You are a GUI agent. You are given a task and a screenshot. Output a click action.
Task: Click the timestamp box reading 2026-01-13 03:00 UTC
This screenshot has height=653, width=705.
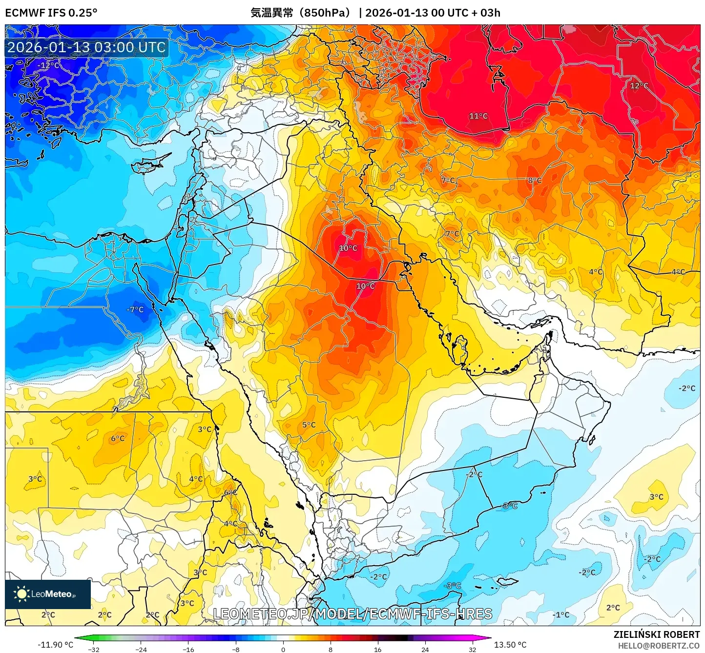[86, 47]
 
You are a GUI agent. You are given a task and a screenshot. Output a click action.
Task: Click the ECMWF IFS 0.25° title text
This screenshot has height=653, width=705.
[51, 13]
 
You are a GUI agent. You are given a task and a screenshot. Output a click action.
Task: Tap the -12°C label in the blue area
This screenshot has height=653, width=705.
[48, 65]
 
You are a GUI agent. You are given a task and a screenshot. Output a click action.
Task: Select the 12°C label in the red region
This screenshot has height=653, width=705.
[639, 86]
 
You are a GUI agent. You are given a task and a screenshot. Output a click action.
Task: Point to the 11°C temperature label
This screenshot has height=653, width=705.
[478, 116]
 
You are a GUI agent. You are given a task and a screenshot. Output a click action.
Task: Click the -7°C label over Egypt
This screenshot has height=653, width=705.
[135, 309]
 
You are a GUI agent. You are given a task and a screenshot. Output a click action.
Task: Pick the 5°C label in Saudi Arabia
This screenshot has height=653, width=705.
[309, 425]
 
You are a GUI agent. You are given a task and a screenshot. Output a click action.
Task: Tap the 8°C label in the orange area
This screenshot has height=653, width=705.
[535, 181]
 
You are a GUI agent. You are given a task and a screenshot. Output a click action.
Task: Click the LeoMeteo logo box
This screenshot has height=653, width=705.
[48, 594]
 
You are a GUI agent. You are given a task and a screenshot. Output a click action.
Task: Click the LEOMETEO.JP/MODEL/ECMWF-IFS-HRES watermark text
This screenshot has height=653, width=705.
[352, 614]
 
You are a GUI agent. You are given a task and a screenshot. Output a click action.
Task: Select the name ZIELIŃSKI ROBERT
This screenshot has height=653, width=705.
[657, 634]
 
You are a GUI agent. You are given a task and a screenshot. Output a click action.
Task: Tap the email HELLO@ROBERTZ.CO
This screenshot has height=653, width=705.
[659, 646]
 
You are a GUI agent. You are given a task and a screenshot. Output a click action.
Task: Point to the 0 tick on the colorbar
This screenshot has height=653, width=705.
[283, 649]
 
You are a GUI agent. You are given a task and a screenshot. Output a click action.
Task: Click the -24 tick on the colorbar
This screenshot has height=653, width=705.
[141, 649]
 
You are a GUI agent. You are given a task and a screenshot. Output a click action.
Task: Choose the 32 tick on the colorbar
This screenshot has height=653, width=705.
[472, 649]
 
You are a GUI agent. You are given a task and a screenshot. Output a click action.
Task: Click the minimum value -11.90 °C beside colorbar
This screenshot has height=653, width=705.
[55, 645]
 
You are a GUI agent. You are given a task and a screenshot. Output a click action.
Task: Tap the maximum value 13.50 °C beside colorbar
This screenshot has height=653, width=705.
[510, 645]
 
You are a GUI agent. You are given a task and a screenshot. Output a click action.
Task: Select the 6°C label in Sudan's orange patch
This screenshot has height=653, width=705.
[118, 438]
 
